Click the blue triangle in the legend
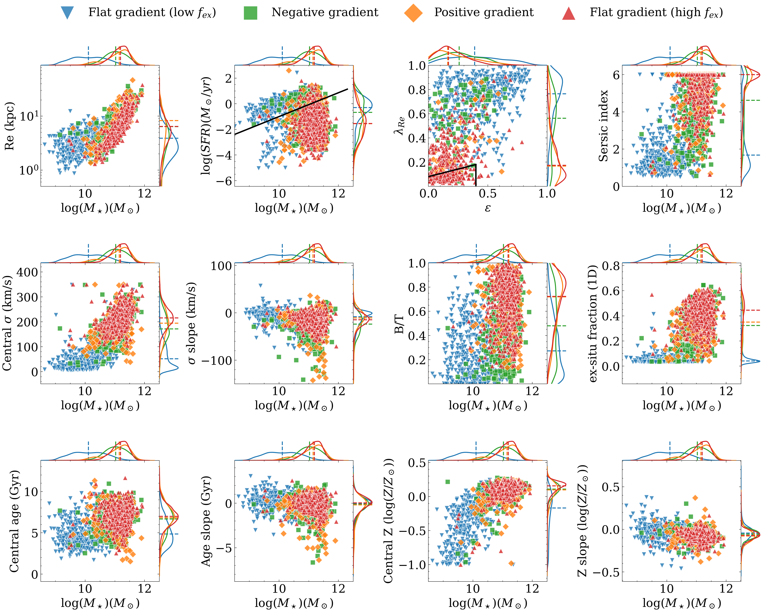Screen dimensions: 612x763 [x=67, y=13]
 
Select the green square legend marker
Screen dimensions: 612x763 [x=251, y=13]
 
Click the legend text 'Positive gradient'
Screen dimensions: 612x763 [x=484, y=12]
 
